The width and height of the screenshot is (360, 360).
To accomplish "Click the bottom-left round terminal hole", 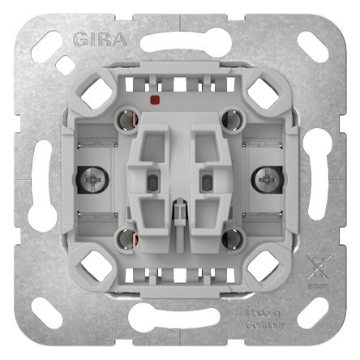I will tap(126, 236).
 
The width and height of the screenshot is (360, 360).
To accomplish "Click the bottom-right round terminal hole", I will tap(234, 236).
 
